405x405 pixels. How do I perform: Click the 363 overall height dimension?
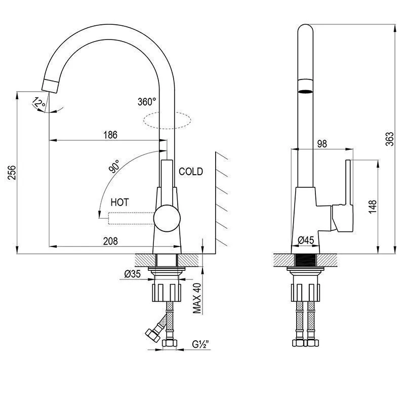pos(390,139)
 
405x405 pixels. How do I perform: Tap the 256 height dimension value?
pos(12,173)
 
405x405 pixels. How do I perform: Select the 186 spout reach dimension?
pos(110,135)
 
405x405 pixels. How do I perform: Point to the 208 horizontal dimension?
pos(110,241)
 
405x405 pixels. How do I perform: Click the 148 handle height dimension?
pos(373,207)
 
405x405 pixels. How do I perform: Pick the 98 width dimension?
pos(322,144)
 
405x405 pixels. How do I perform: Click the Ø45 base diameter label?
pos(306,240)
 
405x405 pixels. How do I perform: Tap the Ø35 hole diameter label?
pos(133,273)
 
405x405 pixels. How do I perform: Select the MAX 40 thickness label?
pos(197,298)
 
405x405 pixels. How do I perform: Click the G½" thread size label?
pos(200,344)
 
